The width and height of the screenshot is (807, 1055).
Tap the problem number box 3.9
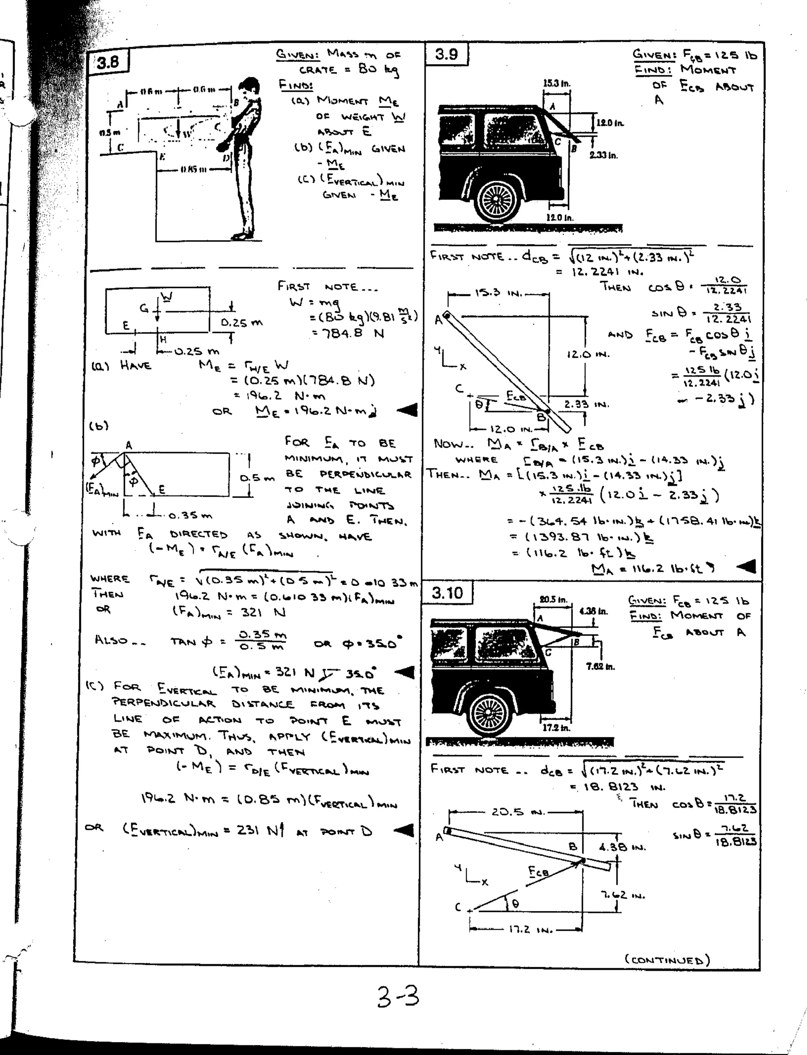(x=446, y=54)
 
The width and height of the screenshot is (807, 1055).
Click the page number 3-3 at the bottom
(x=398, y=996)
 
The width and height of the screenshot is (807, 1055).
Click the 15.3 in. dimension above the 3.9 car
(x=556, y=84)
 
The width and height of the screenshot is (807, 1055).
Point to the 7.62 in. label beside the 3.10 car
(x=600, y=667)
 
